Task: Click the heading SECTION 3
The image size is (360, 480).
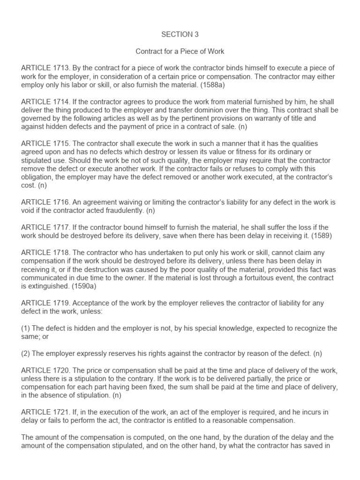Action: (x=177, y=34)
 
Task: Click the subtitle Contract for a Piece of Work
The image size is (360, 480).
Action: (x=177, y=51)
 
